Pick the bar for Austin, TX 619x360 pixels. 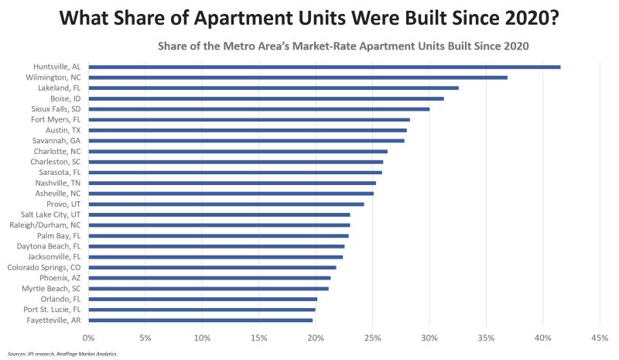(247, 130)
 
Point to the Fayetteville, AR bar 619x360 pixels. (200, 320)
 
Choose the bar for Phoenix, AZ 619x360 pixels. (209, 278)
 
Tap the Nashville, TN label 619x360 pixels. (58, 183)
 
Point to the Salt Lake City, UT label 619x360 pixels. (55, 214)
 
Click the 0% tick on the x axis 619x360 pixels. (88, 338)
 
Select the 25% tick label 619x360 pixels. (372, 338)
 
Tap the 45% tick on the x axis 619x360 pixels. (599, 338)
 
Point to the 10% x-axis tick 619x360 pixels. (202, 338)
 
